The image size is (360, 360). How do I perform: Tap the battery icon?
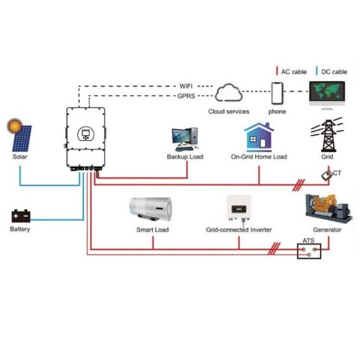coord(20,216)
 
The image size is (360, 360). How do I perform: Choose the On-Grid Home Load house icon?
coord(259,137)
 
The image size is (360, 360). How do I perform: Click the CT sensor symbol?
coord(328,175)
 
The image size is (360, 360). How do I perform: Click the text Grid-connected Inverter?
coord(238,229)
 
